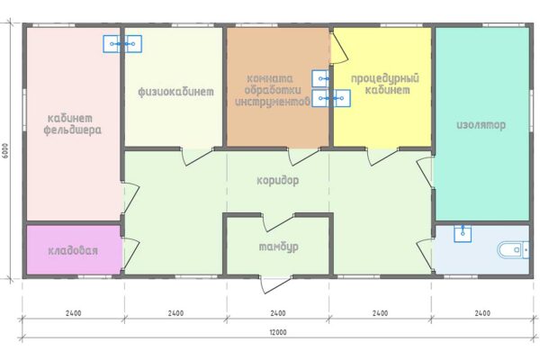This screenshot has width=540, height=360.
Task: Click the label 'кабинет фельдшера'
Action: click(x=73, y=124)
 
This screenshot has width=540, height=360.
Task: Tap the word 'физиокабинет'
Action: click(x=176, y=92)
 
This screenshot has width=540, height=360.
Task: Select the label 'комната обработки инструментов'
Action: click(x=273, y=90)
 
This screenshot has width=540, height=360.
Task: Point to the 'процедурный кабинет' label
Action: click(x=385, y=84)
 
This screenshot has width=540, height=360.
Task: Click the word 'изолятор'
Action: click(x=481, y=125)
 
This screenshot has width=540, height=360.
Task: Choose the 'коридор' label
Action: click(x=278, y=181)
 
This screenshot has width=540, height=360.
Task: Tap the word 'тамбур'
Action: click(x=279, y=247)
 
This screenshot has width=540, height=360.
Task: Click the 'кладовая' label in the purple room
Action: click(x=73, y=250)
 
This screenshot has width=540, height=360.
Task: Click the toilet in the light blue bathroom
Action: click(x=513, y=250)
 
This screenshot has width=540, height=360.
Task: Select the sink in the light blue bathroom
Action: click(x=463, y=234)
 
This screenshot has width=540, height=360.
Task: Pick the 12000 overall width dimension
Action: click(x=278, y=332)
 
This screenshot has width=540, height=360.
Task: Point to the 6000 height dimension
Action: click(x=5, y=150)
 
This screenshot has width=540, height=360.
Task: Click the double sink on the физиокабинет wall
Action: click(x=122, y=44)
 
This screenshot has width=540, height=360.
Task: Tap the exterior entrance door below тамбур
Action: click(x=275, y=283)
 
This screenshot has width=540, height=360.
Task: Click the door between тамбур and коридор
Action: click(x=278, y=222)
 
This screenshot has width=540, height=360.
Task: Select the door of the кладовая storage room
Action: click(x=130, y=253)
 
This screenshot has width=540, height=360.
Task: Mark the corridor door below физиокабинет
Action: click(x=197, y=157)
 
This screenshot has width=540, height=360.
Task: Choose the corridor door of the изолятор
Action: click(x=424, y=172)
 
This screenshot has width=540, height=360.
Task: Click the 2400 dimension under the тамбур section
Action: click(x=278, y=313)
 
